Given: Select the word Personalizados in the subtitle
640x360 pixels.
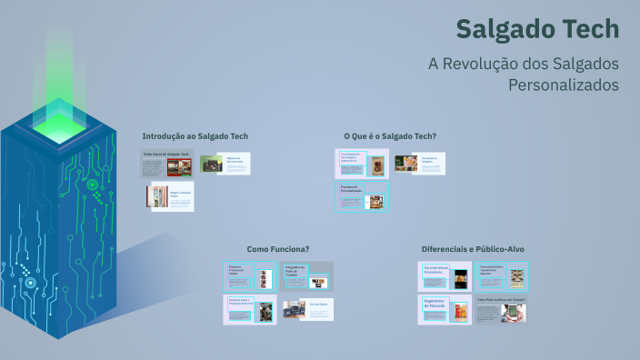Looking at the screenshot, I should click(563, 85).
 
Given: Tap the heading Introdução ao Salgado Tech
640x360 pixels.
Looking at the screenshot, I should click(195, 136).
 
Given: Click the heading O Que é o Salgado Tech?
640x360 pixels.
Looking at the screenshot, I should click(389, 136).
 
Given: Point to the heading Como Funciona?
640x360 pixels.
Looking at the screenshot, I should click(278, 249).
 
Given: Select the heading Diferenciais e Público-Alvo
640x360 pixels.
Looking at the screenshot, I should click(473, 249).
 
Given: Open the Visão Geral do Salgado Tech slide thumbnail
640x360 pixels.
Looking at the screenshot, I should click(168, 165).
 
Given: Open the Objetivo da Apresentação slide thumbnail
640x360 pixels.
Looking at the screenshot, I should click(225, 165).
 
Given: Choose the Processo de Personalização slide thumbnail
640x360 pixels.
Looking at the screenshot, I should click(362, 197).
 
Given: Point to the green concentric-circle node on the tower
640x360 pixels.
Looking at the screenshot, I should click(93, 185).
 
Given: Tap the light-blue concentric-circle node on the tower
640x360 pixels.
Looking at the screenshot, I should click(30, 283).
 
